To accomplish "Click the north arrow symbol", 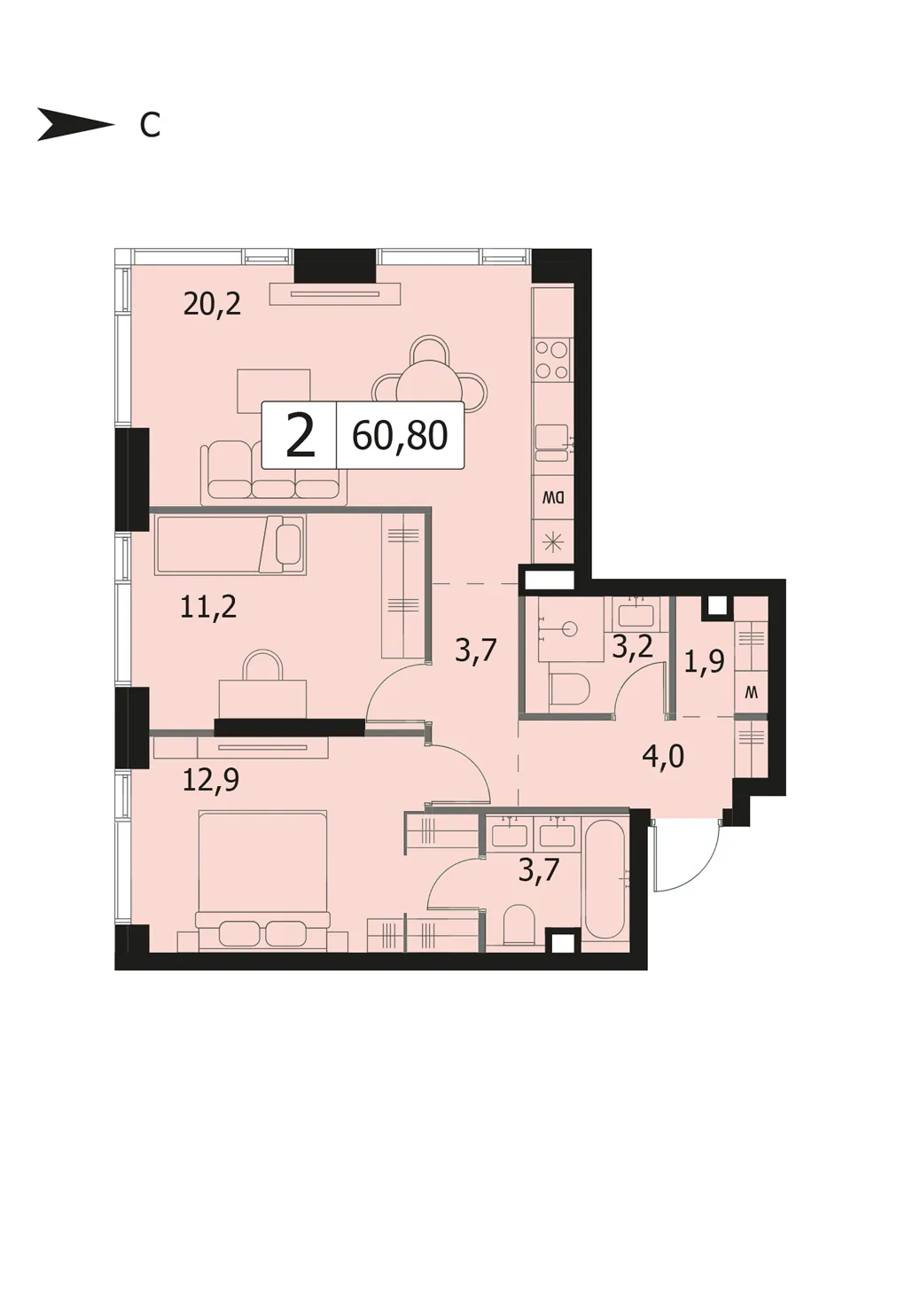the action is [x=75, y=124].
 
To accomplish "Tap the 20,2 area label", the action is [x=212, y=305].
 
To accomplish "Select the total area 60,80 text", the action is [x=400, y=435].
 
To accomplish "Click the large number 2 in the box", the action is [x=300, y=436].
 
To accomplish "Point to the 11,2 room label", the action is [x=208, y=607].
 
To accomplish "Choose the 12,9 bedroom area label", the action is [x=211, y=781].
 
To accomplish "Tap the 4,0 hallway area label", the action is [x=663, y=756].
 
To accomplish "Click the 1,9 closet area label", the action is [x=704, y=662].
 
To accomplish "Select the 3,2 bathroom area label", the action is [x=633, y=647].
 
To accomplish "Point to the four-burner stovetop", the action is [x=551, y=359].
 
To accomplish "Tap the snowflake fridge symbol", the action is [x=553, y=542].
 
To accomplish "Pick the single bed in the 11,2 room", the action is [x=230, y=545].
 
